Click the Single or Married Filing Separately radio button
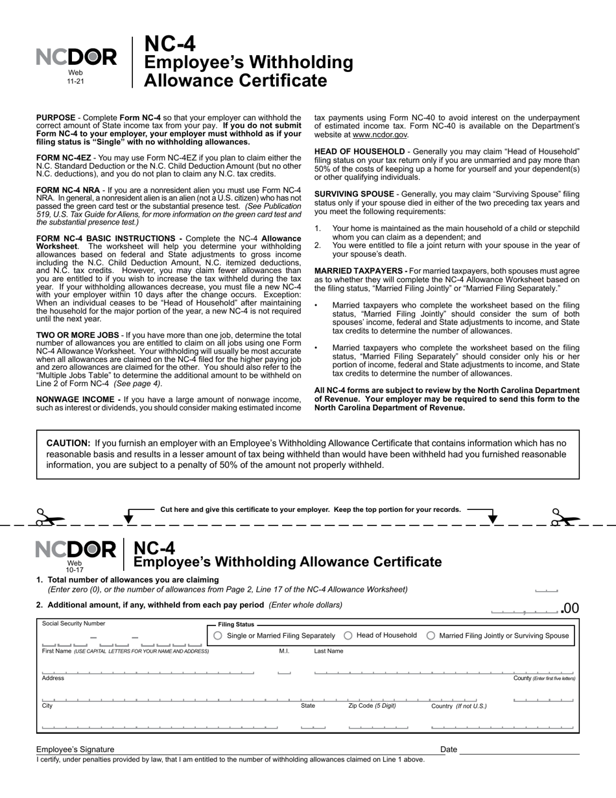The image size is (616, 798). click(218, 636)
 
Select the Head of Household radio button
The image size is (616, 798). click(348, 636)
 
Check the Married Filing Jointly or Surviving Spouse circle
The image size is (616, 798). click(431, 636)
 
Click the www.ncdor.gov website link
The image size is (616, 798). click(380, 135)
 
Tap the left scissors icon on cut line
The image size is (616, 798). click(49, 517)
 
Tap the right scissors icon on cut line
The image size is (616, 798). click(565, 517)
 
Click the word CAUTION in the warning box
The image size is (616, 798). click(68, 443)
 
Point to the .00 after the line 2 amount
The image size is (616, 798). click(569, 609)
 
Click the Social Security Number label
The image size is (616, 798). click(73, 623)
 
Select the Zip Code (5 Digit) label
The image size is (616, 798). click(372, 705)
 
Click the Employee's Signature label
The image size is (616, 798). click(75, 749)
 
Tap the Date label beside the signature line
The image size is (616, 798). click(449, 749)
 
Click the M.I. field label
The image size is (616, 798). click(284, 651)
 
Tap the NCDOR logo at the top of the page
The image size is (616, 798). click(77, 58)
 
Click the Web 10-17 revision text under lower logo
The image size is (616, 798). click(75, 566)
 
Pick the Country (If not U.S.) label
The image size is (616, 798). click(458, 706)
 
